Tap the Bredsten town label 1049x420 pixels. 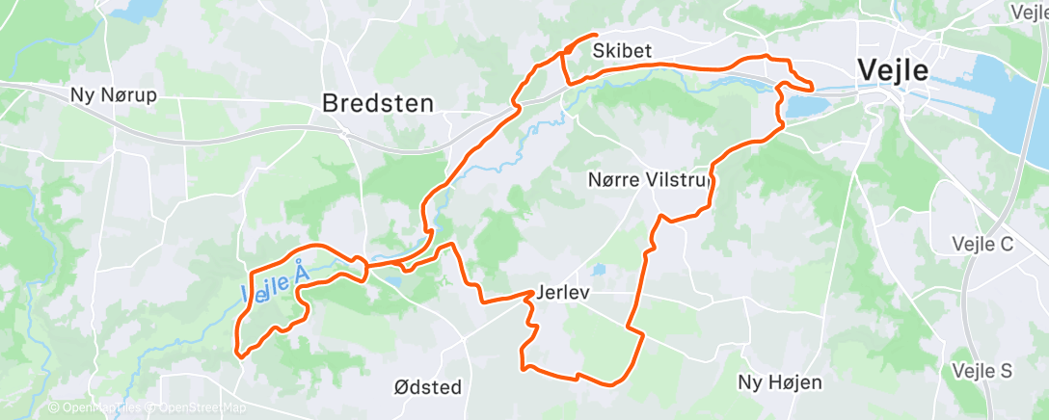[377, 102]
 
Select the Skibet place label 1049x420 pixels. [623, 50]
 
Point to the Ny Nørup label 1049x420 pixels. [113, 96]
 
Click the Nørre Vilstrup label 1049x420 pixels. [649, 179]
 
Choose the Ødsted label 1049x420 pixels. [428, 387]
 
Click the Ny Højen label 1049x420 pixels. [779, 382]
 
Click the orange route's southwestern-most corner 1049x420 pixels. [237, 354]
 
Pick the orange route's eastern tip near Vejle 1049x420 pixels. [812, 89]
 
